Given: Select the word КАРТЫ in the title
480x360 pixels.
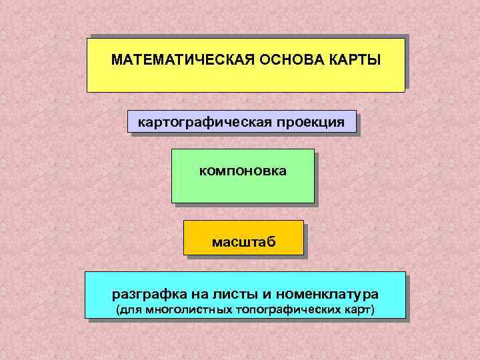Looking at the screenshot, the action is [355, 60].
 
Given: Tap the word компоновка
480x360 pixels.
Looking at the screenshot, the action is [243, 171].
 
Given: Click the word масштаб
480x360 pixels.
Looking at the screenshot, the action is [243, 241].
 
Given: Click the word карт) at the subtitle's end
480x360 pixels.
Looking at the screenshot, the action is [359, 311].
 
